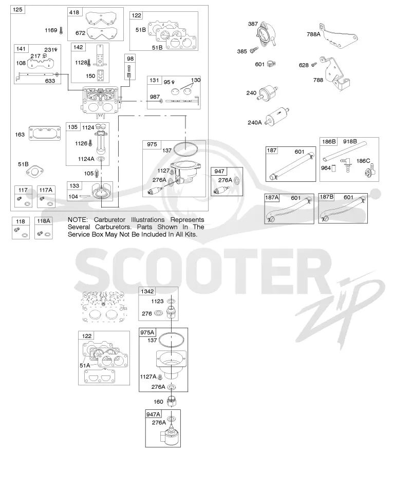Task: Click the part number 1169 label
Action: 51,30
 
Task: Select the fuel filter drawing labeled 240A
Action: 277,117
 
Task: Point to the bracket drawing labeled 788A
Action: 339,36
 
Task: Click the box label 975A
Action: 147,332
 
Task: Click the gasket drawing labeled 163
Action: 45,134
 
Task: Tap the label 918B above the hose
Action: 350,141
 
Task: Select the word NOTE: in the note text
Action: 78,220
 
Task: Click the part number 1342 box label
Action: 147,291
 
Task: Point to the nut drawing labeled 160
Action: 171,401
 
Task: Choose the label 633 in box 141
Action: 50,81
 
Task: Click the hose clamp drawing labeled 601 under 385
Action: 271,64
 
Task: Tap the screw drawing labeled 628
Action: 314,64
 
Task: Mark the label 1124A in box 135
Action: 86,159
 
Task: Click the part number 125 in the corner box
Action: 17,10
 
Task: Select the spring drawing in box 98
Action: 129,72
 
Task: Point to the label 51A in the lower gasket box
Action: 85,365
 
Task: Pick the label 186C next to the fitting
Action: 363,161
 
